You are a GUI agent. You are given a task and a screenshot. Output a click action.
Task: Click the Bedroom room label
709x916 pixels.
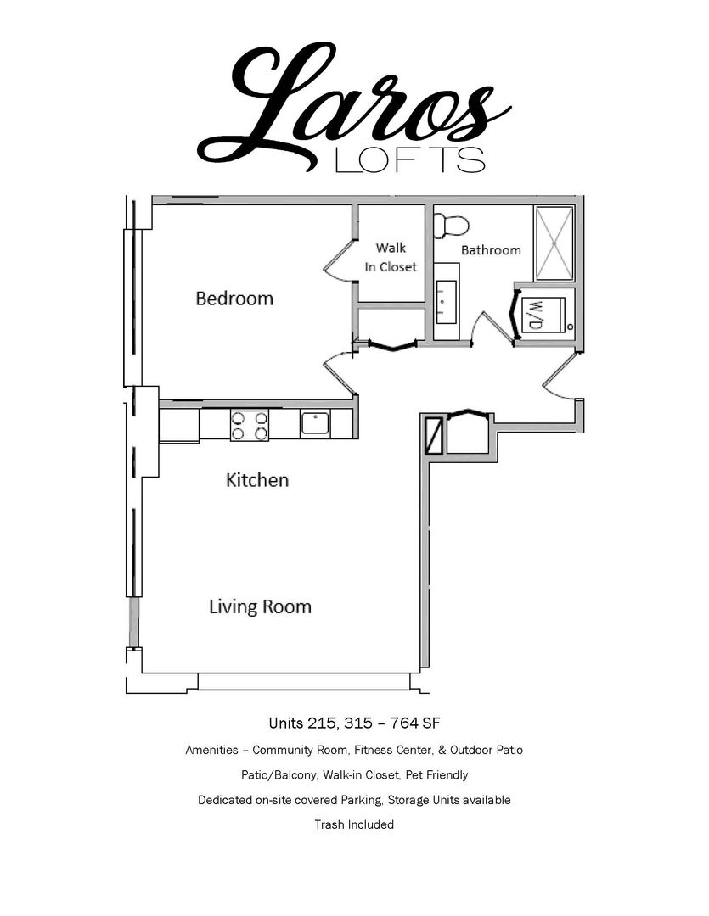(x=234, y=299)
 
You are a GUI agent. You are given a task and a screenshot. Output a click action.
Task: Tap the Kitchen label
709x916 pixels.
(x=257, y=480)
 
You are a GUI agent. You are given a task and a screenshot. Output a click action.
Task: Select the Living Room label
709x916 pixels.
(x=261, y=606)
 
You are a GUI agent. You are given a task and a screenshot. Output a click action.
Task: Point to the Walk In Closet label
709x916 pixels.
(x=391, y=257)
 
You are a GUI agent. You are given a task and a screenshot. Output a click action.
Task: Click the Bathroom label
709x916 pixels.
(x=491, y=250)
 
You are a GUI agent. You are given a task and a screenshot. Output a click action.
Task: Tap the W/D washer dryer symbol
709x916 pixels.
(x=543, y=315)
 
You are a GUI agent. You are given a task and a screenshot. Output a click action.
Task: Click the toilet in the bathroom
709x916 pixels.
(x=451, y=226)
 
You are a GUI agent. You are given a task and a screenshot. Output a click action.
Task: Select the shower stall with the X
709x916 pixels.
(x=554, y=243)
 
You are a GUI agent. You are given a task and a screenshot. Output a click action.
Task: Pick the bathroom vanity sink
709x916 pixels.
(x=447, y=301)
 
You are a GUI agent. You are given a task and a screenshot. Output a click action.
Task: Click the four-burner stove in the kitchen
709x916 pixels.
(x=250, y=425)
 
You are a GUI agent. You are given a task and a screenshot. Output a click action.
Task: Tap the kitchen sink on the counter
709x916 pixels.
(x=315, y=423)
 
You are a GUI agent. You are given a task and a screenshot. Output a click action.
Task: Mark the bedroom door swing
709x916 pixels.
(x=340, y=374)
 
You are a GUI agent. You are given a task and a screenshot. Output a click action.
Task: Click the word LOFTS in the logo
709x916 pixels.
(x=409, y=159)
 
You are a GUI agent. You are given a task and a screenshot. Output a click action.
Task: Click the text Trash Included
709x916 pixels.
(x=354, y=825)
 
